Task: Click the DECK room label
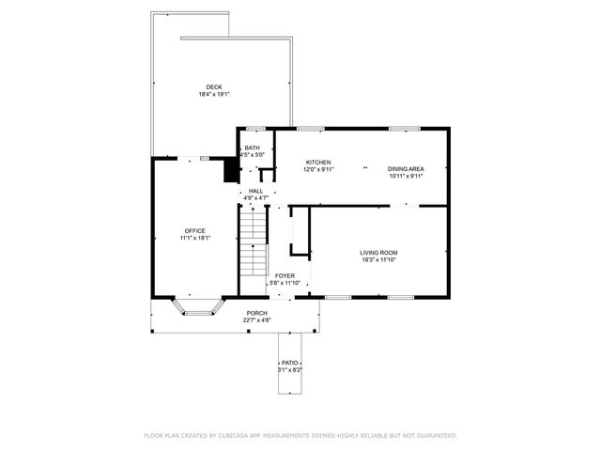coord(214,86)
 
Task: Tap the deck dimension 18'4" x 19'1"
coord(214,94)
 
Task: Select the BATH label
coord(253,148)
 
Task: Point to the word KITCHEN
coord(318,162)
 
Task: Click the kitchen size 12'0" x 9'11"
coord(318,169)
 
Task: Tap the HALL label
coord(255,191)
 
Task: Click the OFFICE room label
coord(194,230)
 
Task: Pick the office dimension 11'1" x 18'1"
coord(194,238)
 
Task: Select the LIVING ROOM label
coord(378,252)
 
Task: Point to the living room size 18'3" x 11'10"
coord(378,259)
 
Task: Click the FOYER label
coord(285,275)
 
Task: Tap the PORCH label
coord(256,313)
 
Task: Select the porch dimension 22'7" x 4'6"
coord(256,320)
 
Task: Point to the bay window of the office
coord(197,307)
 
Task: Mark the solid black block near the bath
coord(229,169)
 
